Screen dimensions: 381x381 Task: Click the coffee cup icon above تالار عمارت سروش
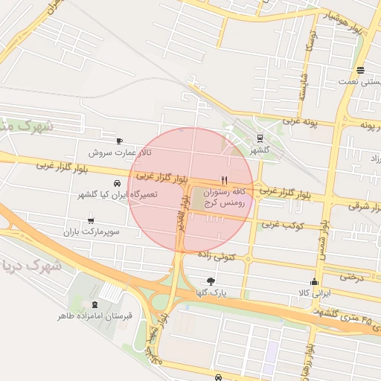[119, 141]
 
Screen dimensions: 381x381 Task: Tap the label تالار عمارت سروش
[120, 153]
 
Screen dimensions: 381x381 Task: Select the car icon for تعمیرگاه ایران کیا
[117, 183]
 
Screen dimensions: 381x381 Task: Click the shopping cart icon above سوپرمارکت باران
[91, 220]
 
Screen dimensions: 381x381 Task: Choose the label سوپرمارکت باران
[92, 232]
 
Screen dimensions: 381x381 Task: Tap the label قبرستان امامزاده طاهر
[95, 316]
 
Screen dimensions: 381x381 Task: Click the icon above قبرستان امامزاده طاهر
[95, 304]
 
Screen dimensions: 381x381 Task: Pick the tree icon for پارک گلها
[211, 281]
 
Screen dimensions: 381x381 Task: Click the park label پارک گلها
[211, 293]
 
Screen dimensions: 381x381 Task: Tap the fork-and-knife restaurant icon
[223, 180]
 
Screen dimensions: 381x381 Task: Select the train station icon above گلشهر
[260, 138]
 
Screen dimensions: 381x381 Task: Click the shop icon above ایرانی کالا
[314, 281]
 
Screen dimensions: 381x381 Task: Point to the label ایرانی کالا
[313, 293]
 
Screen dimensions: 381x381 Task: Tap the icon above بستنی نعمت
[360, 71]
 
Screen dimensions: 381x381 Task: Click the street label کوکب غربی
[278, 223]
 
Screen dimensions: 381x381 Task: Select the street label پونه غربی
[299, 120]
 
